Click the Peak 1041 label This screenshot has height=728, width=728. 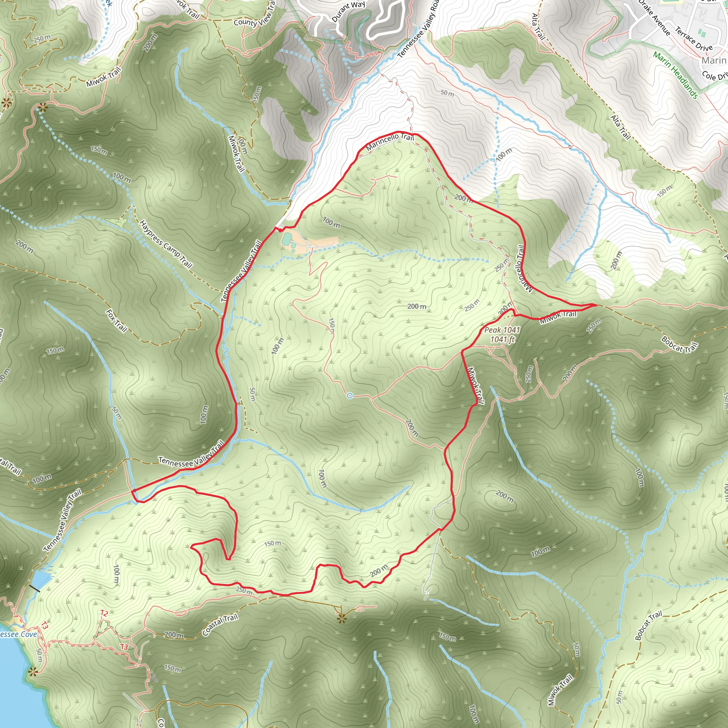pyautogui.click(x=502, y=330)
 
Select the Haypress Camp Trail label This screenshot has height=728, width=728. pyautogui.click(x=165, y=244)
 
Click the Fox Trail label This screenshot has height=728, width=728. pyautogui.click(x=116, y=321)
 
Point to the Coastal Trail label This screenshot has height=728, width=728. pyautogui.click(x=220, y=625)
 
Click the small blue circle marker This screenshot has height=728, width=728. pyautogui.click(x=350, y=395)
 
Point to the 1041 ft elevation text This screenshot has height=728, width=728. pyautogui.click(x=502, y=339)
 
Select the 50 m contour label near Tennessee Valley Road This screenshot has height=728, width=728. pyautogui.click(x=447, y=93)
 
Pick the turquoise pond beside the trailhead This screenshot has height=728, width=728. pyautogui.click(x=287, y=239)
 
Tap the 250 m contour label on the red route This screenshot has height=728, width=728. pyautogui.click(x=244, y=590)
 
